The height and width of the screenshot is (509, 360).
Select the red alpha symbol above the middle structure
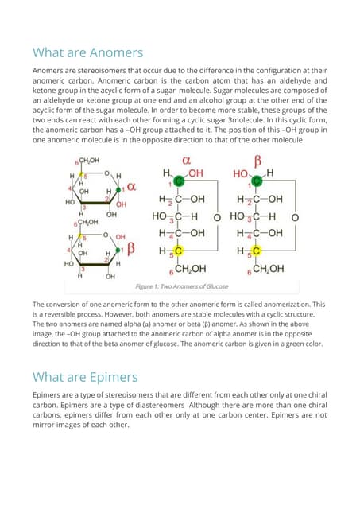188,161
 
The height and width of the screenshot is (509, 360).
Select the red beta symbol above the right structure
258,161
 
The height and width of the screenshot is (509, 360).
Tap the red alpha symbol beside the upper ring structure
133,188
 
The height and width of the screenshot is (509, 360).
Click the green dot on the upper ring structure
120,189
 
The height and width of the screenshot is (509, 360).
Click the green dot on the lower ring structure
120,250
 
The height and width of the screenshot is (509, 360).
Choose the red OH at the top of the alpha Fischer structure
195,173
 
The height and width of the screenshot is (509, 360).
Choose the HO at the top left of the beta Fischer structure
241,173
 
